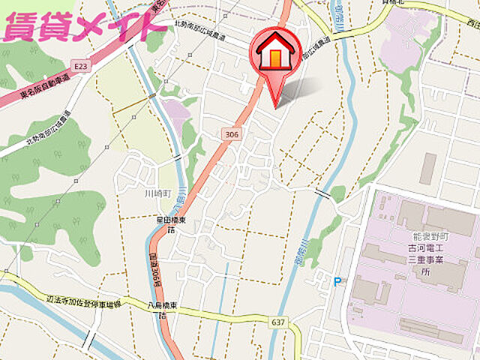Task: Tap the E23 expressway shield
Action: pos(81,67)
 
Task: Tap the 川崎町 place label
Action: pos(158,193)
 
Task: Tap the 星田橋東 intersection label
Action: pos(172,220)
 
